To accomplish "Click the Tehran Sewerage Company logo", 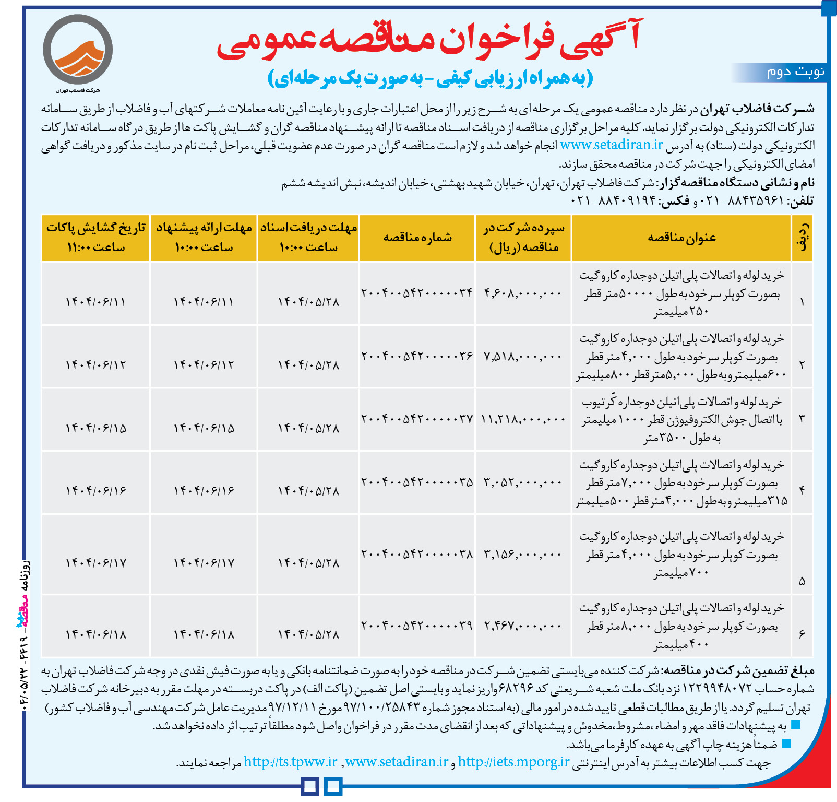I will pyautogui.click(x=77, y=51).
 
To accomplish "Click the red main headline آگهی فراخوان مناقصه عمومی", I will pyautogui.click(x=429, y=40).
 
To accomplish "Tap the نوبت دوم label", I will pyautogui.click(x=795, y=72).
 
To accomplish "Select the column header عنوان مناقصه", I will pyautogui.click(x=681, y=238).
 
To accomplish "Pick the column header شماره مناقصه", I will pyautogui.click(x=417, y=238).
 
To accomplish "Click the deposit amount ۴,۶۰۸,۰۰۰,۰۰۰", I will pyautogui.click(x=523, y=293).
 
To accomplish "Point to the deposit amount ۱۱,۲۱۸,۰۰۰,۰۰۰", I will pyautogui.click(x=523, y=419).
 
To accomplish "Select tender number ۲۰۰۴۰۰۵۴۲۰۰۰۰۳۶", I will pyautogui.click(x=417, y=356).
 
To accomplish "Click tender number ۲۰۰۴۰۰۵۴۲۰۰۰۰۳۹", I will pyautogui.click(x=417, y=625).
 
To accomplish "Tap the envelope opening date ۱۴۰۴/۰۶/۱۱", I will pyautogui.click(x=95, y=302).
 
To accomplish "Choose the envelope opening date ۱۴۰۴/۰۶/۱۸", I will pyautogui.click(x=95, y=634).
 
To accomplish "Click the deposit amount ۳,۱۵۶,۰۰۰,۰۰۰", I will pyautogui.click(x=523, y=555).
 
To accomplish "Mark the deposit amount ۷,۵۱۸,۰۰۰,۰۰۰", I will pyautogui.click(x=523, y=357).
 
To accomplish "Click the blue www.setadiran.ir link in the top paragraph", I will pyautogui.click(x=611, y=145).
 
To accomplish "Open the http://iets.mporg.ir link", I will pyautogui.click(x=513, y=762).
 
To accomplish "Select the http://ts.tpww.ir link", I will pyautogui.click(x=291, y=762).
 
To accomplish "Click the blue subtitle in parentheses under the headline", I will pyautogui.click(x=430, y=78).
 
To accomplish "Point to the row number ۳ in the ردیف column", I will pyautogui.click(x=802, y=419).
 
